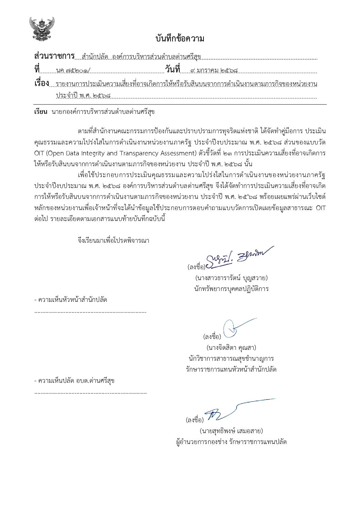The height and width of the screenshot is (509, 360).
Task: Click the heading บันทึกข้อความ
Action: click(180, 38)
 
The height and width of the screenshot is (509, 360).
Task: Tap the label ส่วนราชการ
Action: click(54, 56)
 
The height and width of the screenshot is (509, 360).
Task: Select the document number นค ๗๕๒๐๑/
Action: click(74, 70)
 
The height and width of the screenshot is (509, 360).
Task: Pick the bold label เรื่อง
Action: click(42, 83)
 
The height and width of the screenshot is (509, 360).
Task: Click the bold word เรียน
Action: click(40, 112)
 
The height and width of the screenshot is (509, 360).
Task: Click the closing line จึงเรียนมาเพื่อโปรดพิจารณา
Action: click(113, 240)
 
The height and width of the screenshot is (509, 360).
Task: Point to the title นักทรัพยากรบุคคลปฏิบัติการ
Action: click(230, 289)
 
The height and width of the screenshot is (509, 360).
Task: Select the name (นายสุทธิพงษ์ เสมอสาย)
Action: click(231, 431)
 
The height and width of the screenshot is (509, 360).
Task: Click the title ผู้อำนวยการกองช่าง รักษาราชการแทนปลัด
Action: click(230, 442)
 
